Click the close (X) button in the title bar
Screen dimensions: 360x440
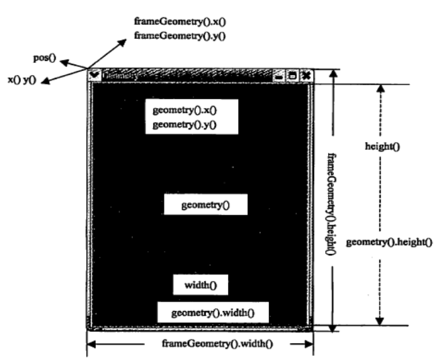point(306,76)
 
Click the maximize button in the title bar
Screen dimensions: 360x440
point(292,76)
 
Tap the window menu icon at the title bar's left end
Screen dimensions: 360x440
point(95,75)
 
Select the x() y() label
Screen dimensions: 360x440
point(21,80)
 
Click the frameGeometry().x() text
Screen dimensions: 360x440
point(180,21)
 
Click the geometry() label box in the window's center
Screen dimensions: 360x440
point(205,205)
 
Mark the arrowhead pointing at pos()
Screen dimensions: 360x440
point(62,60)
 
